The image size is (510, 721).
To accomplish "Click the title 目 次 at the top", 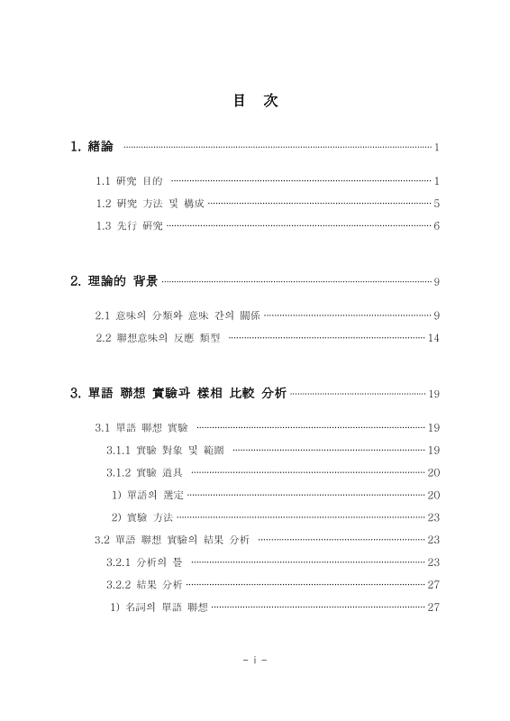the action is [x=255, y=102].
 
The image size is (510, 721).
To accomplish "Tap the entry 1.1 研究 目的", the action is [x=129, y=181].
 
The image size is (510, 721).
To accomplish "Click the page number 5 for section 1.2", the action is [x=436, y=204].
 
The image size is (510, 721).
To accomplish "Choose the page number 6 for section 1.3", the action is [x=436, y=225].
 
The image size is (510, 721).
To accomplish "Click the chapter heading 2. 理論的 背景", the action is [x=114, y=282].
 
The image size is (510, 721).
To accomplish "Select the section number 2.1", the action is [x=102, y=315].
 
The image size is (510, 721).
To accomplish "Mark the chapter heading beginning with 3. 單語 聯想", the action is [x=178, y=393].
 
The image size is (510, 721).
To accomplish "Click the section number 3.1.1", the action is [x=119, y=450].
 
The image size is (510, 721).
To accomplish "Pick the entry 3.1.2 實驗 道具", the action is [x=144, y=472].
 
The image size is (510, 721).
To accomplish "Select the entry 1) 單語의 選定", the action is [x=147, y=495].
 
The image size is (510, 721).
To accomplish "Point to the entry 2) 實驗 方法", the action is [x=141, y=517].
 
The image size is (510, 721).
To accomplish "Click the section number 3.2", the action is [x=102, y=540].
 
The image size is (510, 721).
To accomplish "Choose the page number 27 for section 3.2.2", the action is [x=433, y=585].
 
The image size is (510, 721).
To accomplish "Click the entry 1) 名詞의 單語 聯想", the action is [x=159, y=607].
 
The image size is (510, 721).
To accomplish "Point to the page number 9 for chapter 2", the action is [x=436, y=283].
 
